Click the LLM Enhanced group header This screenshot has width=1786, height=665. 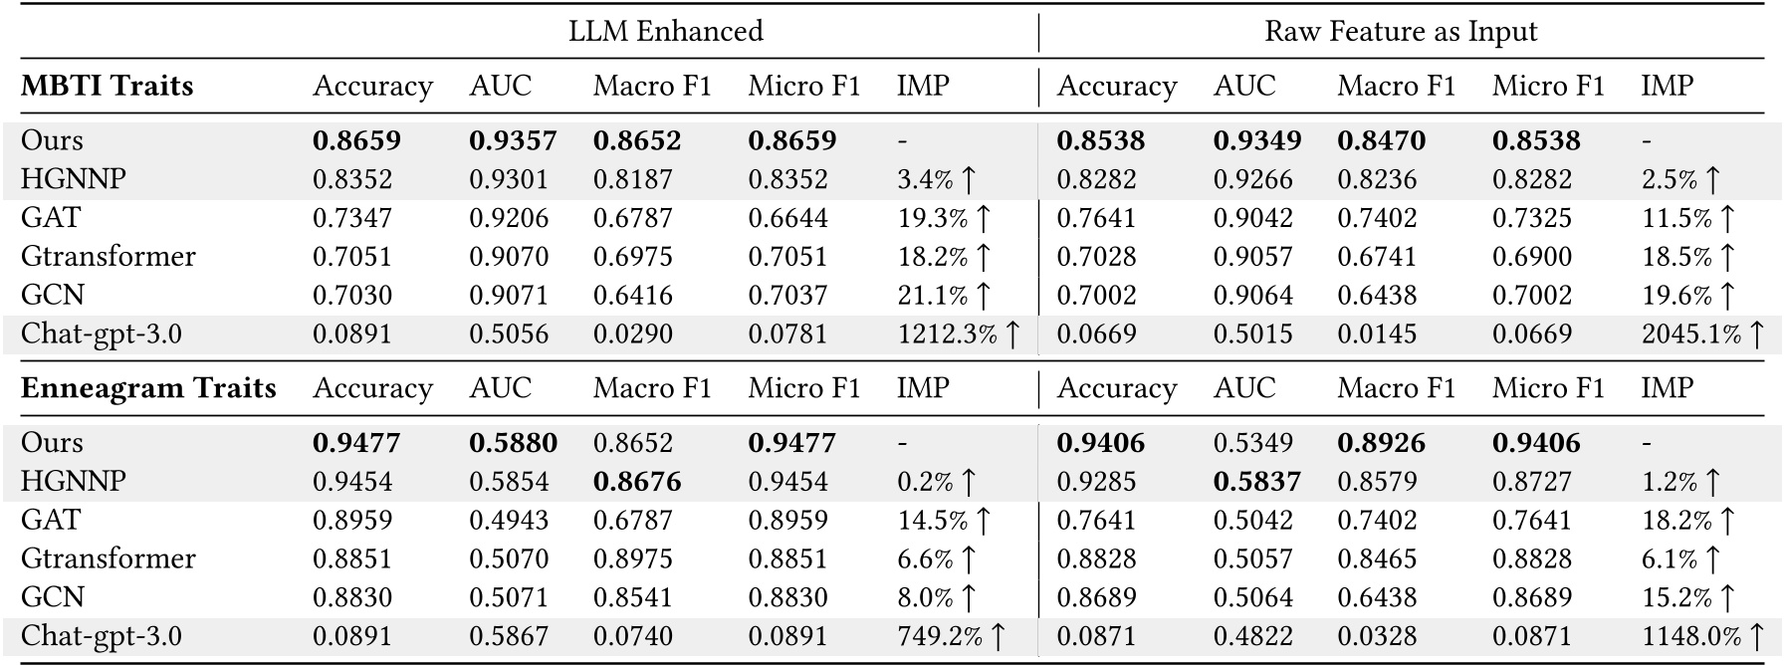coord(665,31)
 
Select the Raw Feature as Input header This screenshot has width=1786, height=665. coord(1400,31)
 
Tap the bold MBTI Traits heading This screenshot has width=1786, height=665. coord(107,86)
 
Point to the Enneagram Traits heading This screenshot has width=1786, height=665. coord(148,387)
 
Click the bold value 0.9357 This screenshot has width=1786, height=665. coord(513,140)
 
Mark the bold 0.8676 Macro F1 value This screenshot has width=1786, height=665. coord(637,482)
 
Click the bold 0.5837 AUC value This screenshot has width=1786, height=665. coord(1256,482)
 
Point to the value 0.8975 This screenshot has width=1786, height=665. coord(633,558)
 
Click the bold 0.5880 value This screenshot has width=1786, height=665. coord(513,443)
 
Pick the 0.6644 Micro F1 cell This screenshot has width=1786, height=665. coord(787,218)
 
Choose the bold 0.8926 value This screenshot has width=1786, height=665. coord(1381,443)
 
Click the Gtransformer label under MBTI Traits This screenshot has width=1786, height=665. coord(109,257)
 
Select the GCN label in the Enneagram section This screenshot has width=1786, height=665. coord(53,597)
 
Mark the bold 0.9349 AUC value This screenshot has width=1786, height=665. coord(1256,140)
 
